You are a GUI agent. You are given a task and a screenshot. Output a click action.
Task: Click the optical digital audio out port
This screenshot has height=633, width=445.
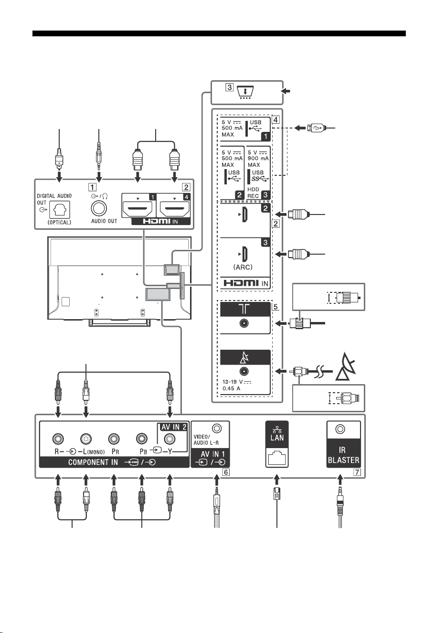pos(60,210)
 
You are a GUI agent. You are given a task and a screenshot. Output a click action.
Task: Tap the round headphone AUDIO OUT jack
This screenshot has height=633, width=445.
pos(99,209)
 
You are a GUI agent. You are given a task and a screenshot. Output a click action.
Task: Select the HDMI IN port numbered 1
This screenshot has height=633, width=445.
pos(138,210)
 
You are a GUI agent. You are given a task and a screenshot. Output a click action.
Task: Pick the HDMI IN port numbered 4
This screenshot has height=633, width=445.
pos(174,210)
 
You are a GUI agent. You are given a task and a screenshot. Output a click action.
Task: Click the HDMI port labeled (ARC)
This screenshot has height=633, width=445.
pos(245,254)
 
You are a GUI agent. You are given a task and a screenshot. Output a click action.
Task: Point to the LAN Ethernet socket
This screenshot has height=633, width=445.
pos(277,458)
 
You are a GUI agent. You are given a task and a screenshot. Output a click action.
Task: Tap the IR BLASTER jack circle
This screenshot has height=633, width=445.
pos(340,429)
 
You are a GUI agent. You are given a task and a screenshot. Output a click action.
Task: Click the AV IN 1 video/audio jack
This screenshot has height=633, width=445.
pos(217,429)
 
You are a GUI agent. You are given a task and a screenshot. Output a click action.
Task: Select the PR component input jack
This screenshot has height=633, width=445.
pos(114,439)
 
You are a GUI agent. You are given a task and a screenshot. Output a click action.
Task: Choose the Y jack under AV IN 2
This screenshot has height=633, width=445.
pos(170,439)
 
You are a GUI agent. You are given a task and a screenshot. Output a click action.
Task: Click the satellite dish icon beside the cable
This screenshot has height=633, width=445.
pos(346,366)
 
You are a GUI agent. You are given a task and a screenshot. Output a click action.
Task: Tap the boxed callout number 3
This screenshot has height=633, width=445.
pos(229,87)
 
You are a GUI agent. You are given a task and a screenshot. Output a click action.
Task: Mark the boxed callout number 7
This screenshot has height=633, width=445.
pos(357,472)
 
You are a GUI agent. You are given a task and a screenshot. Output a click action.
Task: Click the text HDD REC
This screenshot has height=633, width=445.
pos(253,193)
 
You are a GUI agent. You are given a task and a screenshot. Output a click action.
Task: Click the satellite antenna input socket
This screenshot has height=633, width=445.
pos(244,371)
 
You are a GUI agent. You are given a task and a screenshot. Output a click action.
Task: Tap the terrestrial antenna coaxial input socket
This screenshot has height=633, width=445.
pos(244,323)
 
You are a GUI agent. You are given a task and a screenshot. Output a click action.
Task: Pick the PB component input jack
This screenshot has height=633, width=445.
pos(141,439)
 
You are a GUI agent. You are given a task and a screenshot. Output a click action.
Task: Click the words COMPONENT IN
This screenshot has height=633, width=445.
pos(93,462)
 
